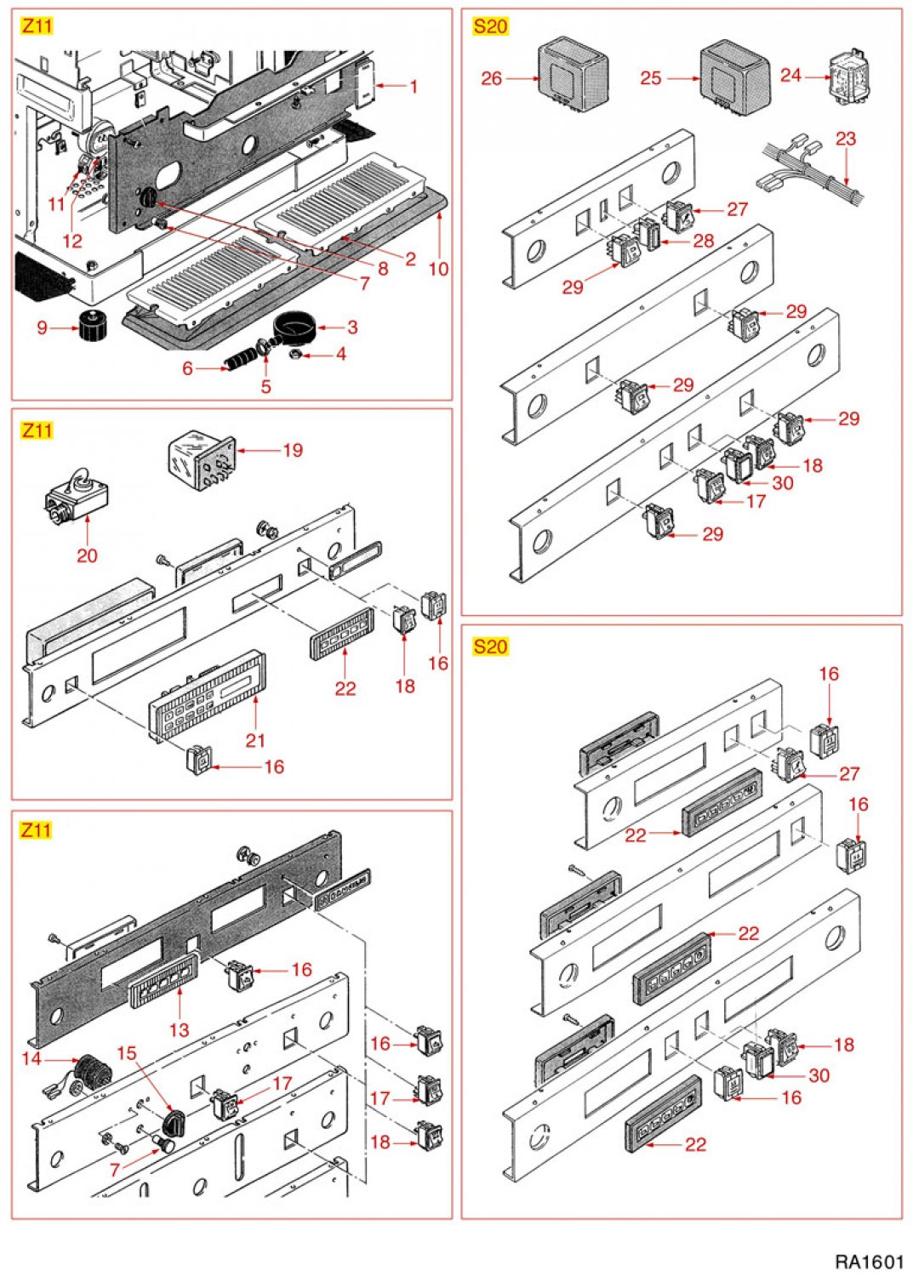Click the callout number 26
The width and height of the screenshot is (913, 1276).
(x=491, y=78)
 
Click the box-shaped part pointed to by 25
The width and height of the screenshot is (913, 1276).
(x=734, y=77)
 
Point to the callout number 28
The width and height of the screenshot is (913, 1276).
(x=703, y=241)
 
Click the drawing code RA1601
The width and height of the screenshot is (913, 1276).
(x=868, y=1260)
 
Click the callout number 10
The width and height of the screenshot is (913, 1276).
(x=438, y=269)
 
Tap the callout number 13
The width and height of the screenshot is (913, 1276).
(x=179, y=1029)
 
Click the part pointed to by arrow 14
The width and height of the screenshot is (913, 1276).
(x=88, y=1068)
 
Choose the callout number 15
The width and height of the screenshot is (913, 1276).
(x=126, y=1053)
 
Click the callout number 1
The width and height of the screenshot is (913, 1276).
(x=414, y=86)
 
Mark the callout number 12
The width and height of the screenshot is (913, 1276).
(x=72, y=241)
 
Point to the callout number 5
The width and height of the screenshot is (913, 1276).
(x=265, y=386)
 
